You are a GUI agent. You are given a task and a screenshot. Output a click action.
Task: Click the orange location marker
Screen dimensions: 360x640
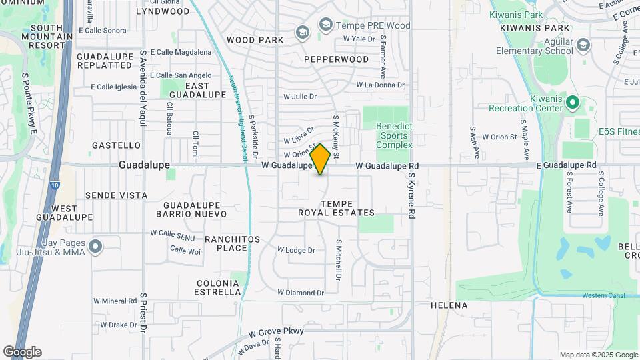click(320, 159)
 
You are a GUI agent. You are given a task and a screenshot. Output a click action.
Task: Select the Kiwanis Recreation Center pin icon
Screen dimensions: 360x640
click(572, 103)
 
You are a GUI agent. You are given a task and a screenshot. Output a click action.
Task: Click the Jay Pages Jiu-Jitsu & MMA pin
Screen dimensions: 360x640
click(95, 247)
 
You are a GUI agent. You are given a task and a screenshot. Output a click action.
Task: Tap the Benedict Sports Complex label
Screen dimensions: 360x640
click(394, 135)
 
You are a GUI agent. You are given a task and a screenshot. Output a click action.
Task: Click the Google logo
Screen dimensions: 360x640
click(22, 352)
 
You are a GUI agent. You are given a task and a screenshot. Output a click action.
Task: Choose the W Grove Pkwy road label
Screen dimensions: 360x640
click(277, 331)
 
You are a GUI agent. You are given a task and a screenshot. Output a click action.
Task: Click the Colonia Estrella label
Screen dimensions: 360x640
click(218, 287)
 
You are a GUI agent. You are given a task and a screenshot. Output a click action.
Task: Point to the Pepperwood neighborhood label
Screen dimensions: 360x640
click(336, 59)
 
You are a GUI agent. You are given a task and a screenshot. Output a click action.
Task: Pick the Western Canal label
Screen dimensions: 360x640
click(603, 295)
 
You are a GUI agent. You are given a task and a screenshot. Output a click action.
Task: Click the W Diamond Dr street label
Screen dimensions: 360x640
click(301, 293)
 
